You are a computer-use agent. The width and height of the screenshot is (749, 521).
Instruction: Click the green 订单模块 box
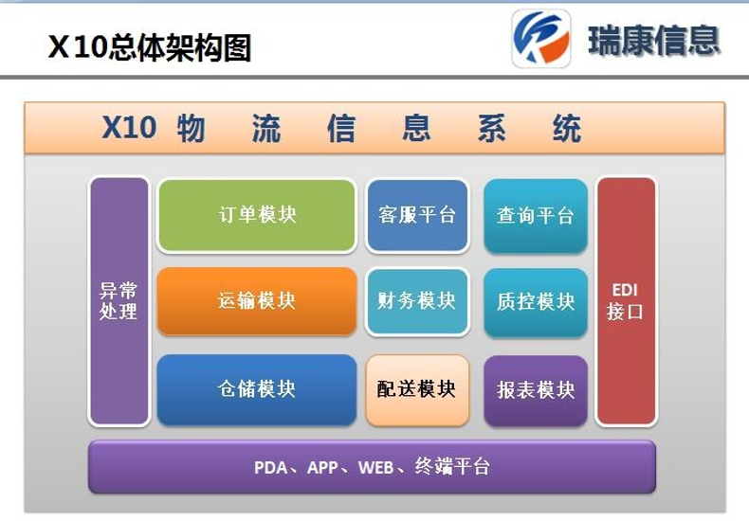click(x=257, y=216)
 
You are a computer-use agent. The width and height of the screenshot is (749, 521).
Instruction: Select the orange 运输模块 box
click(x=257, y=301)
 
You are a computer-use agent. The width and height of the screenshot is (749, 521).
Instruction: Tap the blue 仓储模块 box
click(x=257, y=389)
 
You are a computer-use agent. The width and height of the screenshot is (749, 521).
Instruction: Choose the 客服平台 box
click(x=417, y=216)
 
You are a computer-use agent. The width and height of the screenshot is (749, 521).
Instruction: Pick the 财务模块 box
click(x=417, y=301)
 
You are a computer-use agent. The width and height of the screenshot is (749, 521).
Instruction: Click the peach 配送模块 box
click(x=417, y=389)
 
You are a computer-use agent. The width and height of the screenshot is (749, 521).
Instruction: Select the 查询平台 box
click(x=536, y=216)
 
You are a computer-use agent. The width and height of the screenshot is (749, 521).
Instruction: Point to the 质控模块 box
click(x=536, y=302)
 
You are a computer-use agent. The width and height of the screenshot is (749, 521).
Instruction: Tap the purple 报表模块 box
click(x=536, y=390)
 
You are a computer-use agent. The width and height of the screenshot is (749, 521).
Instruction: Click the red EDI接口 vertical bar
click(x=626, y=301)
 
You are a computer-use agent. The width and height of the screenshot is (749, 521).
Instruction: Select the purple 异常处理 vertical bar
click(x=119, y=301)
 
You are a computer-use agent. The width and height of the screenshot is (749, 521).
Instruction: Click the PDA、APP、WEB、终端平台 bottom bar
click(x=372, y=467)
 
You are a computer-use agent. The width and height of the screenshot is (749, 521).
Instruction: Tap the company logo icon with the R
click(x=541, y=39)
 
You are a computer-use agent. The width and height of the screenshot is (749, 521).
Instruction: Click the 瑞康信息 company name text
click(x=653, y=41)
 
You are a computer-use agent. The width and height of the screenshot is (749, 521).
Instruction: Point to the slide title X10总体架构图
click(x=150, y=47)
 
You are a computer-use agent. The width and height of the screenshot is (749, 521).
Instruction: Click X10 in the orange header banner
click(x=129, y=127)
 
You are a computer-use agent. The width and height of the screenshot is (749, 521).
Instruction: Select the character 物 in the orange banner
click(x=192, y=128)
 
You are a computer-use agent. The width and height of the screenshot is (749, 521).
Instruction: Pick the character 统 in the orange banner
click(x=567, y=128)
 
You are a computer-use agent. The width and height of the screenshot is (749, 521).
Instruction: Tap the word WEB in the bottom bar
click(x=376, y=468)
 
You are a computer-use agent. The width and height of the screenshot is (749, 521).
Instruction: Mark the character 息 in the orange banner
click(x=416, y=128)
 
